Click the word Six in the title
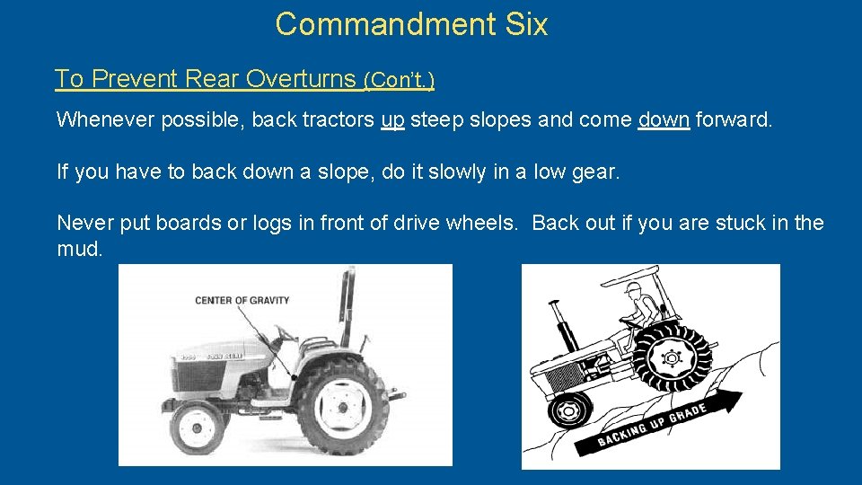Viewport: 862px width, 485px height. [x=527, y=24]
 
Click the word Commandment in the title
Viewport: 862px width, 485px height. [x=386, y=24]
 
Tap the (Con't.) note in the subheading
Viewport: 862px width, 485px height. [x=399, y=80]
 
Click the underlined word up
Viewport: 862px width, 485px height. [x=392, y=119]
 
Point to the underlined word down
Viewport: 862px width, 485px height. [x=664, y=119]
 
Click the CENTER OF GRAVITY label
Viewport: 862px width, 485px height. [x=242, y=300]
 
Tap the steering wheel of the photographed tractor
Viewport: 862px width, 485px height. [x=286, y=334]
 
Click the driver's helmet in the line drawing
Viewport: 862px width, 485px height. [x=636, y=290]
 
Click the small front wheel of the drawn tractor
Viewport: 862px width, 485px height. [x=568, y=411]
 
